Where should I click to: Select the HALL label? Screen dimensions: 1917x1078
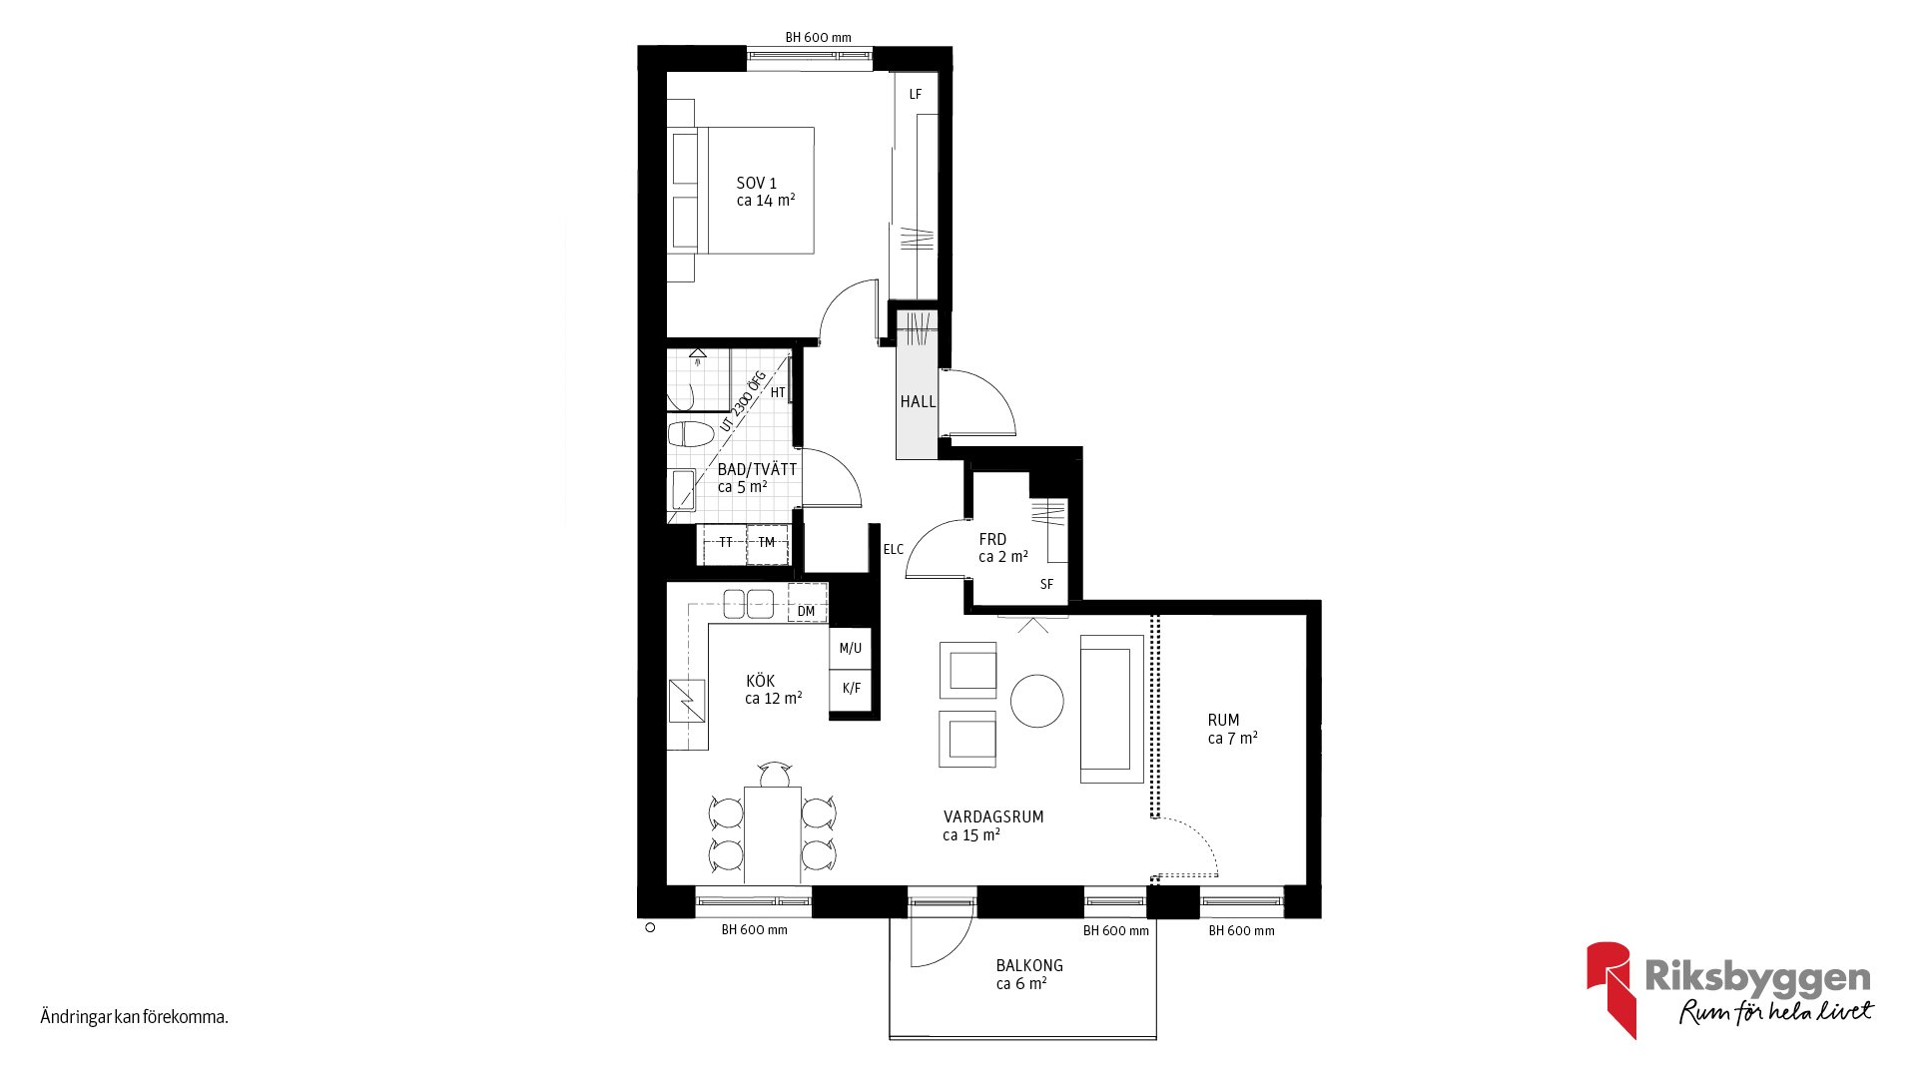click(x=918, y=401)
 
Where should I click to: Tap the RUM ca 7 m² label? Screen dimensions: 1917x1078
click(x=1232, y=729)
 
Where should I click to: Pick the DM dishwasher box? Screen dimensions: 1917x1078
click(x=807, y=603)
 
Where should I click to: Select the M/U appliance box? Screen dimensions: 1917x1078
click(x=851, y=648)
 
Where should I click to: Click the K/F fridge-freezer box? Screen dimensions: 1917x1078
click(x=851, y=689)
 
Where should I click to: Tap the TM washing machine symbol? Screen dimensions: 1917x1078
click(x=768, y=544)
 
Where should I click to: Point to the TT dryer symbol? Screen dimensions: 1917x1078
click(x=725, y=544)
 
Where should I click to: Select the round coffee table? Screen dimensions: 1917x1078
click(x=1037, y=701)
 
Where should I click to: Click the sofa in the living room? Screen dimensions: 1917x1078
click(x=1111, y=709)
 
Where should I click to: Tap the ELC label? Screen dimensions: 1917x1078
click(x=894, y=549)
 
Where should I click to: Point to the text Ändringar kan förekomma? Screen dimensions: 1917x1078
click(x=135, y=1017)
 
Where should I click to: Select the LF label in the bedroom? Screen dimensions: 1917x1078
click(x=916, y=95)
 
